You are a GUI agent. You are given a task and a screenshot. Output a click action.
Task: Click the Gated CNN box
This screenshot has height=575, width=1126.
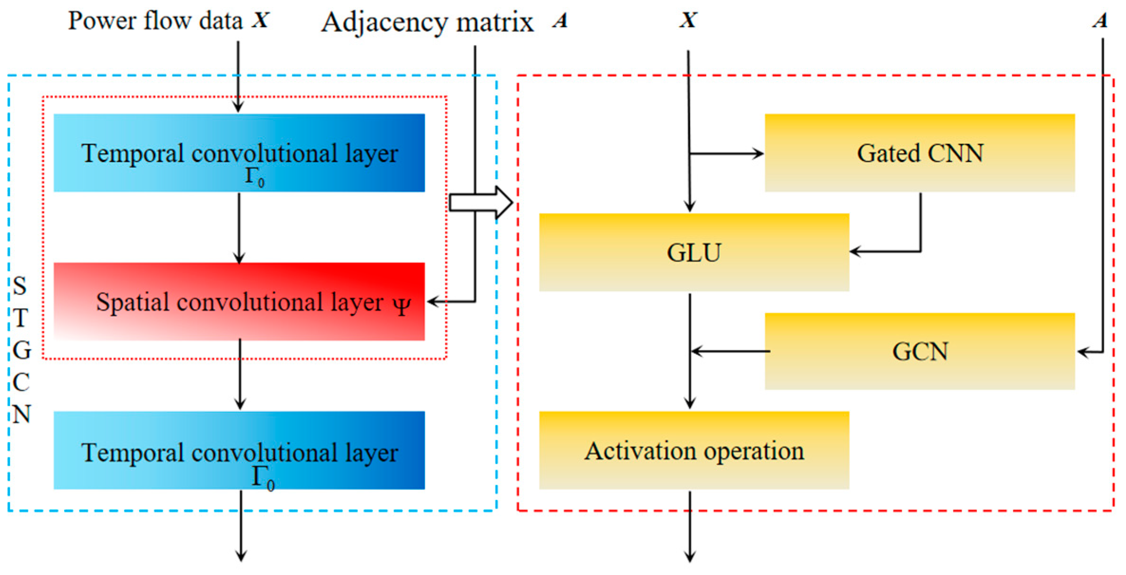920,153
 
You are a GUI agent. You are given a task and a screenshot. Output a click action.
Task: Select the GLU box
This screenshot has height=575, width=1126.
694,252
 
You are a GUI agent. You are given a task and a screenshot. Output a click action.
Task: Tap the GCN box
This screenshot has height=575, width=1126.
920,351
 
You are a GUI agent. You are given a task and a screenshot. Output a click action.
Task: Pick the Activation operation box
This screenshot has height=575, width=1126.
694,450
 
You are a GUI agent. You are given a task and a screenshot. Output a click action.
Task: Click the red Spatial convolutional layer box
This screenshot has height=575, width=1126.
239,302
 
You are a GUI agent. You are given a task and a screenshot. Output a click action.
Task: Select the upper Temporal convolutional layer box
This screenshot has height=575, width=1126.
239,153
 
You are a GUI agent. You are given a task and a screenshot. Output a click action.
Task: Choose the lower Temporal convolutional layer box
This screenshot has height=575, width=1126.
239,450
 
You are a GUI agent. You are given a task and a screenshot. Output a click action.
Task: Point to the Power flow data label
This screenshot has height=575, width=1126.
155,21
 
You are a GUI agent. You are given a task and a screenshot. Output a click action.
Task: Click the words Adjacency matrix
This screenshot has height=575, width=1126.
427,22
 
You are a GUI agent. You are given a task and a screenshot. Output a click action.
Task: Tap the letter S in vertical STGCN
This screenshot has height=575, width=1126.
20,286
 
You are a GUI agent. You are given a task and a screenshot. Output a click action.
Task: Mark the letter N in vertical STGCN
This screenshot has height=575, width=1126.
21,415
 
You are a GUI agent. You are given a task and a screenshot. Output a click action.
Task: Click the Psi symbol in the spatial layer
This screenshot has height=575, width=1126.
402,305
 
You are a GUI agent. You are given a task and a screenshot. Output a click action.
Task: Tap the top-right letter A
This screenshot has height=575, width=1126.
1100,20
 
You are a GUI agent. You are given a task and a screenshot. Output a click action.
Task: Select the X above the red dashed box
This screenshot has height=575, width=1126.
688,20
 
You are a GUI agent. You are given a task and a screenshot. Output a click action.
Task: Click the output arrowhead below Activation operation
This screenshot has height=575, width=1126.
690,556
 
